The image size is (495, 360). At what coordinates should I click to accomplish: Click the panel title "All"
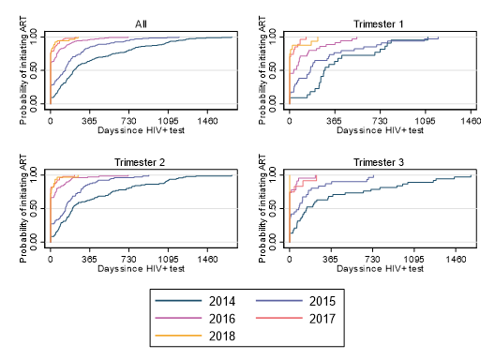click(x=141, y=24)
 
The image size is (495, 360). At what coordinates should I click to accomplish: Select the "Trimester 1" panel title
click(x=378, y=24)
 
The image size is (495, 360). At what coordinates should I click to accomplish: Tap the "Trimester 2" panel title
click(x=140, y=162)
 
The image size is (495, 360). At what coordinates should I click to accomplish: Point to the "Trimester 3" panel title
click(x=378, y=162)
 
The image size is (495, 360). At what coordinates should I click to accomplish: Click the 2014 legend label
click(x=222, y=301)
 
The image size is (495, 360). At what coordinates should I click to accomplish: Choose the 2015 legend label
click(x=322, y=301)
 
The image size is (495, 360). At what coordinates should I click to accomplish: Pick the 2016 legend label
click(x=222, y=319)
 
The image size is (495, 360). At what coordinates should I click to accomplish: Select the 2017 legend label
click(x=322, y=319)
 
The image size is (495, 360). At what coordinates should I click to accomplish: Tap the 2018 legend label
click(x=222, y=336)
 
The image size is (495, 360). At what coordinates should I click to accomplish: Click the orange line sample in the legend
click(x=178, y=336)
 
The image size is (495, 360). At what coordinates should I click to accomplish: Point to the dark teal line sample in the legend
click(x=178, y=301)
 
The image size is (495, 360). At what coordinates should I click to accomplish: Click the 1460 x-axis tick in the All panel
click(x=207, y=121)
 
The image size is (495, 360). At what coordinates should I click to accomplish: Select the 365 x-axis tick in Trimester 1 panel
click(x=335, y=121)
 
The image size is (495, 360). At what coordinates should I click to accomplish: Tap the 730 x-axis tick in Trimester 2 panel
click(x=128, y=260)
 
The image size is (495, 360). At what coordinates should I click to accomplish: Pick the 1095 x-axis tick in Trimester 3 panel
click(x=414, y=260)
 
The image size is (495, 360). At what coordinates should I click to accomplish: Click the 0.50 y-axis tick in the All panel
click(x=34, y=70)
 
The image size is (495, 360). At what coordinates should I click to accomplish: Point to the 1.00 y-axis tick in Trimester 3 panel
click(x=273, y=175)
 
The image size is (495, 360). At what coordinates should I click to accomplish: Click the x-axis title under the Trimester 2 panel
click(x=141, y=269)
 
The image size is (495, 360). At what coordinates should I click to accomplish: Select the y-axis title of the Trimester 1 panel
click(x=262, y=70)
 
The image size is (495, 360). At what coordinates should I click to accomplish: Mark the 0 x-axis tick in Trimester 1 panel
click(x=289, y=121)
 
